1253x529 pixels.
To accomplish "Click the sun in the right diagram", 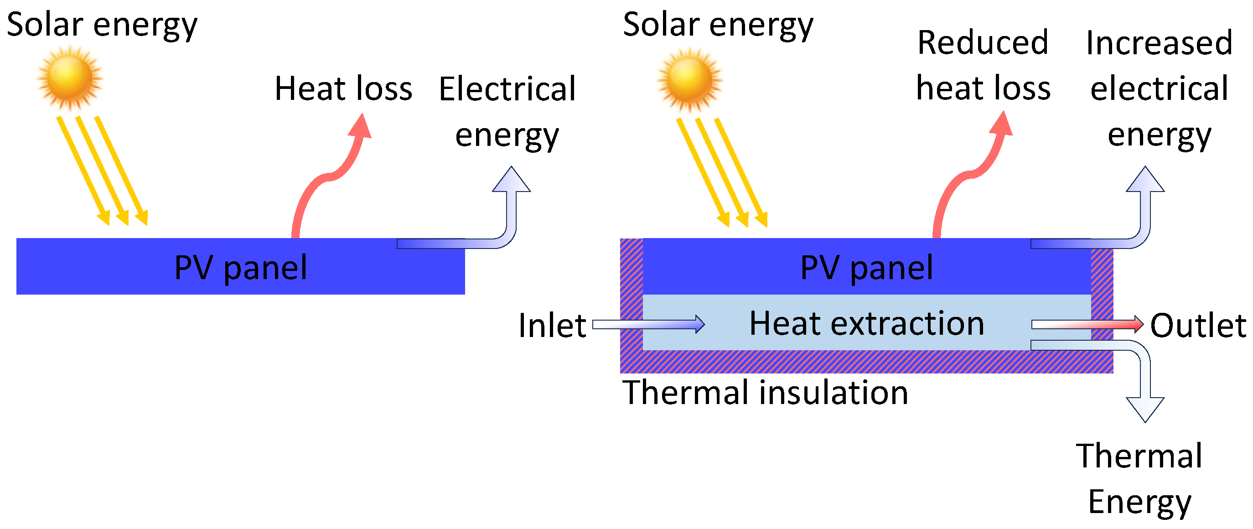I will point(689,79).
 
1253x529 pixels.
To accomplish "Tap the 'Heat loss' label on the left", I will point(343,88).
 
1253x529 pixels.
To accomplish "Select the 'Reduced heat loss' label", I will point(983,66).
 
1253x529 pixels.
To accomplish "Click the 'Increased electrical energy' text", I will point(1159,88).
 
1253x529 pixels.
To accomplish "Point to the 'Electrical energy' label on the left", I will point(507,111).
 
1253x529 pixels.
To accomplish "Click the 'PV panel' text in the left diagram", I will point(241,268).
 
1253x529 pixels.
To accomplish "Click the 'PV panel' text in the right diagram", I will point(867,268).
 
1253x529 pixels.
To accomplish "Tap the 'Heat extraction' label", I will point(867,324).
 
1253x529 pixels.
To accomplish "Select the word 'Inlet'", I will point(552,326).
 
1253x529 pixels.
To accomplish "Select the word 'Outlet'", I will point(1197,326).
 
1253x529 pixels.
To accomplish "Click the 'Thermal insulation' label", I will point(765,393).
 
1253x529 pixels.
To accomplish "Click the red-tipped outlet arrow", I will point(1087,324).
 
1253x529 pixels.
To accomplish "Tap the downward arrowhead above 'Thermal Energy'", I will point(1145,409).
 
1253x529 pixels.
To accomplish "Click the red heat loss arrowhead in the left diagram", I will point(362,126).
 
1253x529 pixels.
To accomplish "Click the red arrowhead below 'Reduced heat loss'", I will point(1003,124).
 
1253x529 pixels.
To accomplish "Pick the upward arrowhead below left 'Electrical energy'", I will point(511,180).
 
